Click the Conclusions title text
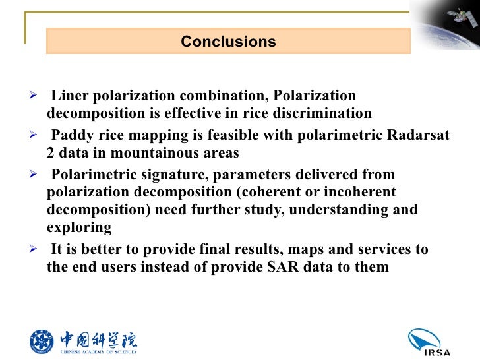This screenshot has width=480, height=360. [228, 42]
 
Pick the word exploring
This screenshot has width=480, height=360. [79, 227]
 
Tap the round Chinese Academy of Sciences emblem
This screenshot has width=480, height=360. [43, 340]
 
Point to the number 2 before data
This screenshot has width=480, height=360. [51, 153]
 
